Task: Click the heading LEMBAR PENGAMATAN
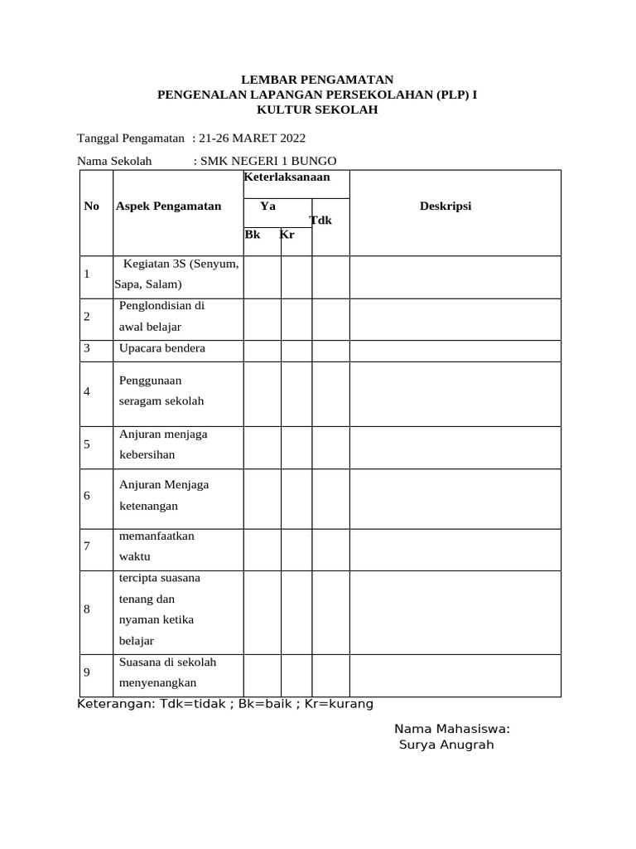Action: tap(318, 80)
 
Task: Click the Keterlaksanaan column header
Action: tap(287, 177)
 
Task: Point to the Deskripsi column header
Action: tap(446, 206)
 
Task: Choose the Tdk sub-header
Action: tap(321, 221)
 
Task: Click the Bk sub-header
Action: tap(253, 235)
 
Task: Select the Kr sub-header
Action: tap(287, 235)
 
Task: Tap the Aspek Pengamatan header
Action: tap(169, 206)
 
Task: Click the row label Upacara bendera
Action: tap(162, 348)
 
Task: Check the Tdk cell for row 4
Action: tap(330, 393)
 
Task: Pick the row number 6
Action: tap(87, 496)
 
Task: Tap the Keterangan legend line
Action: tap(225, 704)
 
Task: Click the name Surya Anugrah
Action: tap(446, 745)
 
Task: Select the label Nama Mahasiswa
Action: tap(451, 729)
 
